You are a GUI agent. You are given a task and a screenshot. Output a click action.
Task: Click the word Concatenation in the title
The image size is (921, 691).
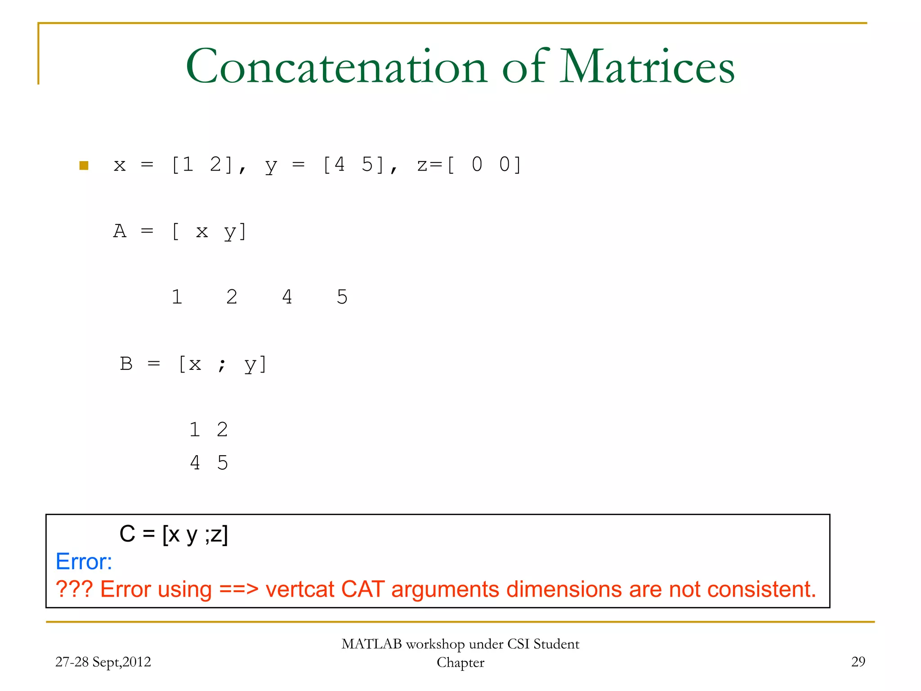336,67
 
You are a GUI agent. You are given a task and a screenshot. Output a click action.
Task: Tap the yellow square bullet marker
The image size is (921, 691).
84,166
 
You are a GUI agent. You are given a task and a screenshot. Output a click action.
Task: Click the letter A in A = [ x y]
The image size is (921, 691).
120,231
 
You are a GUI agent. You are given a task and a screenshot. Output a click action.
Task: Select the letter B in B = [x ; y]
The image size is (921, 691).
126,363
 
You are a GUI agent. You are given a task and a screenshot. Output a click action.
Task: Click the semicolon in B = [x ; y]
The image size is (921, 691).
222,364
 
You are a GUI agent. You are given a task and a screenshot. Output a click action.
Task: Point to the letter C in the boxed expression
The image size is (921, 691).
127,534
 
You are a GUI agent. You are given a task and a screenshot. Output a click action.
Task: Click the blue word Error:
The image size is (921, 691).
84,561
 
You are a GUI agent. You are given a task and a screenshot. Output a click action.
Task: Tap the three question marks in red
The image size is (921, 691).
74,589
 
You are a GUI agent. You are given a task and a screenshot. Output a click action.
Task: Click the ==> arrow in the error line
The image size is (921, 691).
239,589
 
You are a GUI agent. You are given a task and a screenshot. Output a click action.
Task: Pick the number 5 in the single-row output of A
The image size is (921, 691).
342,297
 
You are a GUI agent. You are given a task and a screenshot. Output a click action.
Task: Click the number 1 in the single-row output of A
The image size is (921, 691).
177,297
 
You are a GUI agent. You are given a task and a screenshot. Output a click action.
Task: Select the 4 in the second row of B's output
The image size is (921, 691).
195,462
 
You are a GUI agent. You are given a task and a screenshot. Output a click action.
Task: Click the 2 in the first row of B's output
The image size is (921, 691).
222,430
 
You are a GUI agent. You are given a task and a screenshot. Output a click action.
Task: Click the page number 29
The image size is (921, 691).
858,661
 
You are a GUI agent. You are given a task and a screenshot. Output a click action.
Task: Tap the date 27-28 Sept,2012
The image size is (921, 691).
103,662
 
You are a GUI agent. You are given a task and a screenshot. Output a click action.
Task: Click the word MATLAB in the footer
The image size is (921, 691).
371,644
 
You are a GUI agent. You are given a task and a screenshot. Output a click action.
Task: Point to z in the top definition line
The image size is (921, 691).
422,165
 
